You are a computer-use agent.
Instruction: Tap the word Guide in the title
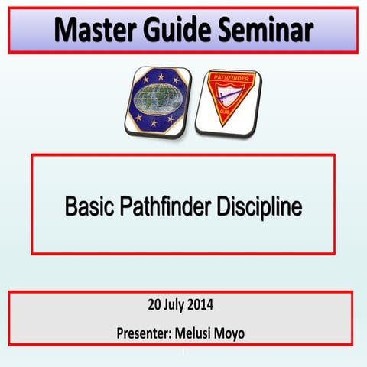[180, 30]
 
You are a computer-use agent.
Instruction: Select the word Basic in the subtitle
[89, 206]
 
